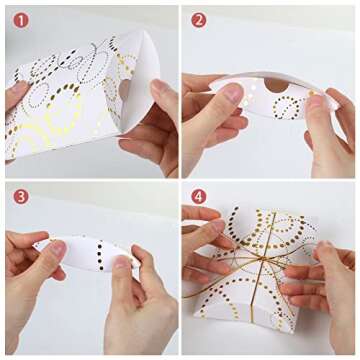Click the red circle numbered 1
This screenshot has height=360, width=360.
pyautogui.click(x=21, y=21)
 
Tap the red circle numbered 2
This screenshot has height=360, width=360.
pyautogui.click(x=199, y=21)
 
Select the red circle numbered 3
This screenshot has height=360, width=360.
pyautogui.click(x=21, y=197)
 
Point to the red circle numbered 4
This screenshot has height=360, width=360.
pyautogui.click(x=199, y=197)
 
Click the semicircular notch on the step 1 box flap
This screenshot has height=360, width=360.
pyautogui.click(x=124, y=89)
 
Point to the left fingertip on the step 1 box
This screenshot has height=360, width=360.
pyautogui.click(x=16, y=89)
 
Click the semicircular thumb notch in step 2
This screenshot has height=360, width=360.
pyautogui.click(x=276, y=85)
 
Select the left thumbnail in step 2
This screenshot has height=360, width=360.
pyautogui.click(x=232, y=92)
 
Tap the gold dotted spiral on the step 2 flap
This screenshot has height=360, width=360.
pyautogui.click(x=287, y=107)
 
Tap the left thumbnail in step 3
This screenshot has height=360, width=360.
pyautogui.click(x=58, y=249)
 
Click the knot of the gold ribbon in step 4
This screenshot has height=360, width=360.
pyautogui.click(x=263, y=257)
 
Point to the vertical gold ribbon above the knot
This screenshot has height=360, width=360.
pyautogui.click(x=269, y=232)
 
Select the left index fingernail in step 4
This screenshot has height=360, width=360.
pyautogui.click(x=218, y=226)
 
